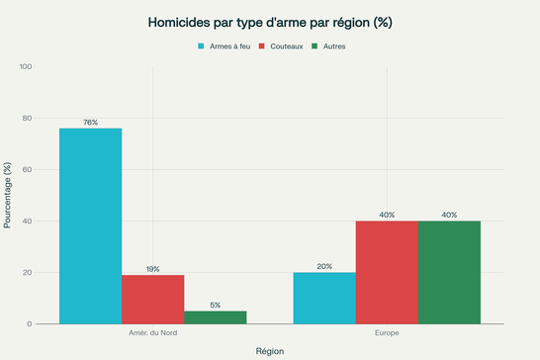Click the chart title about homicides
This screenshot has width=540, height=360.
tap(269, 22)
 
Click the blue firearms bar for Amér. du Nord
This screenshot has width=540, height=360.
tap(90, 225)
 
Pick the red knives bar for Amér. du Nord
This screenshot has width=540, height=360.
tap(152, 299)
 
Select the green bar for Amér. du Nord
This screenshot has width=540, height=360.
tap(215, 316)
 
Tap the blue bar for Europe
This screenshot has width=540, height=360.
tap(324, 298)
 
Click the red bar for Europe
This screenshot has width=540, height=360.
tap(387, 272)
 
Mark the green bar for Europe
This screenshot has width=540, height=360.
tap(449, 272)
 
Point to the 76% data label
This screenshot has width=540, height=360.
tap(90, 123)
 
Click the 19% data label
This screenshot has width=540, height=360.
tap(152, 269)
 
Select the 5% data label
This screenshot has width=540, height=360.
tap(215, 305)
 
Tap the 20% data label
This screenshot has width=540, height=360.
tap(324, 266)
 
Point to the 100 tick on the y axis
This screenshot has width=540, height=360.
tap(25, 67)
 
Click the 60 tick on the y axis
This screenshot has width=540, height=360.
tap(27, 170)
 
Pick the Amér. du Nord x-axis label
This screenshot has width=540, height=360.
tap(152, 333)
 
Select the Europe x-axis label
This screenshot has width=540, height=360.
tap(387, 333)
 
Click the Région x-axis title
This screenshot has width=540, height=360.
tap(269, 350)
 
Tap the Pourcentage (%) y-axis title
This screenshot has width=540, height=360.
tap(8, 196)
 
